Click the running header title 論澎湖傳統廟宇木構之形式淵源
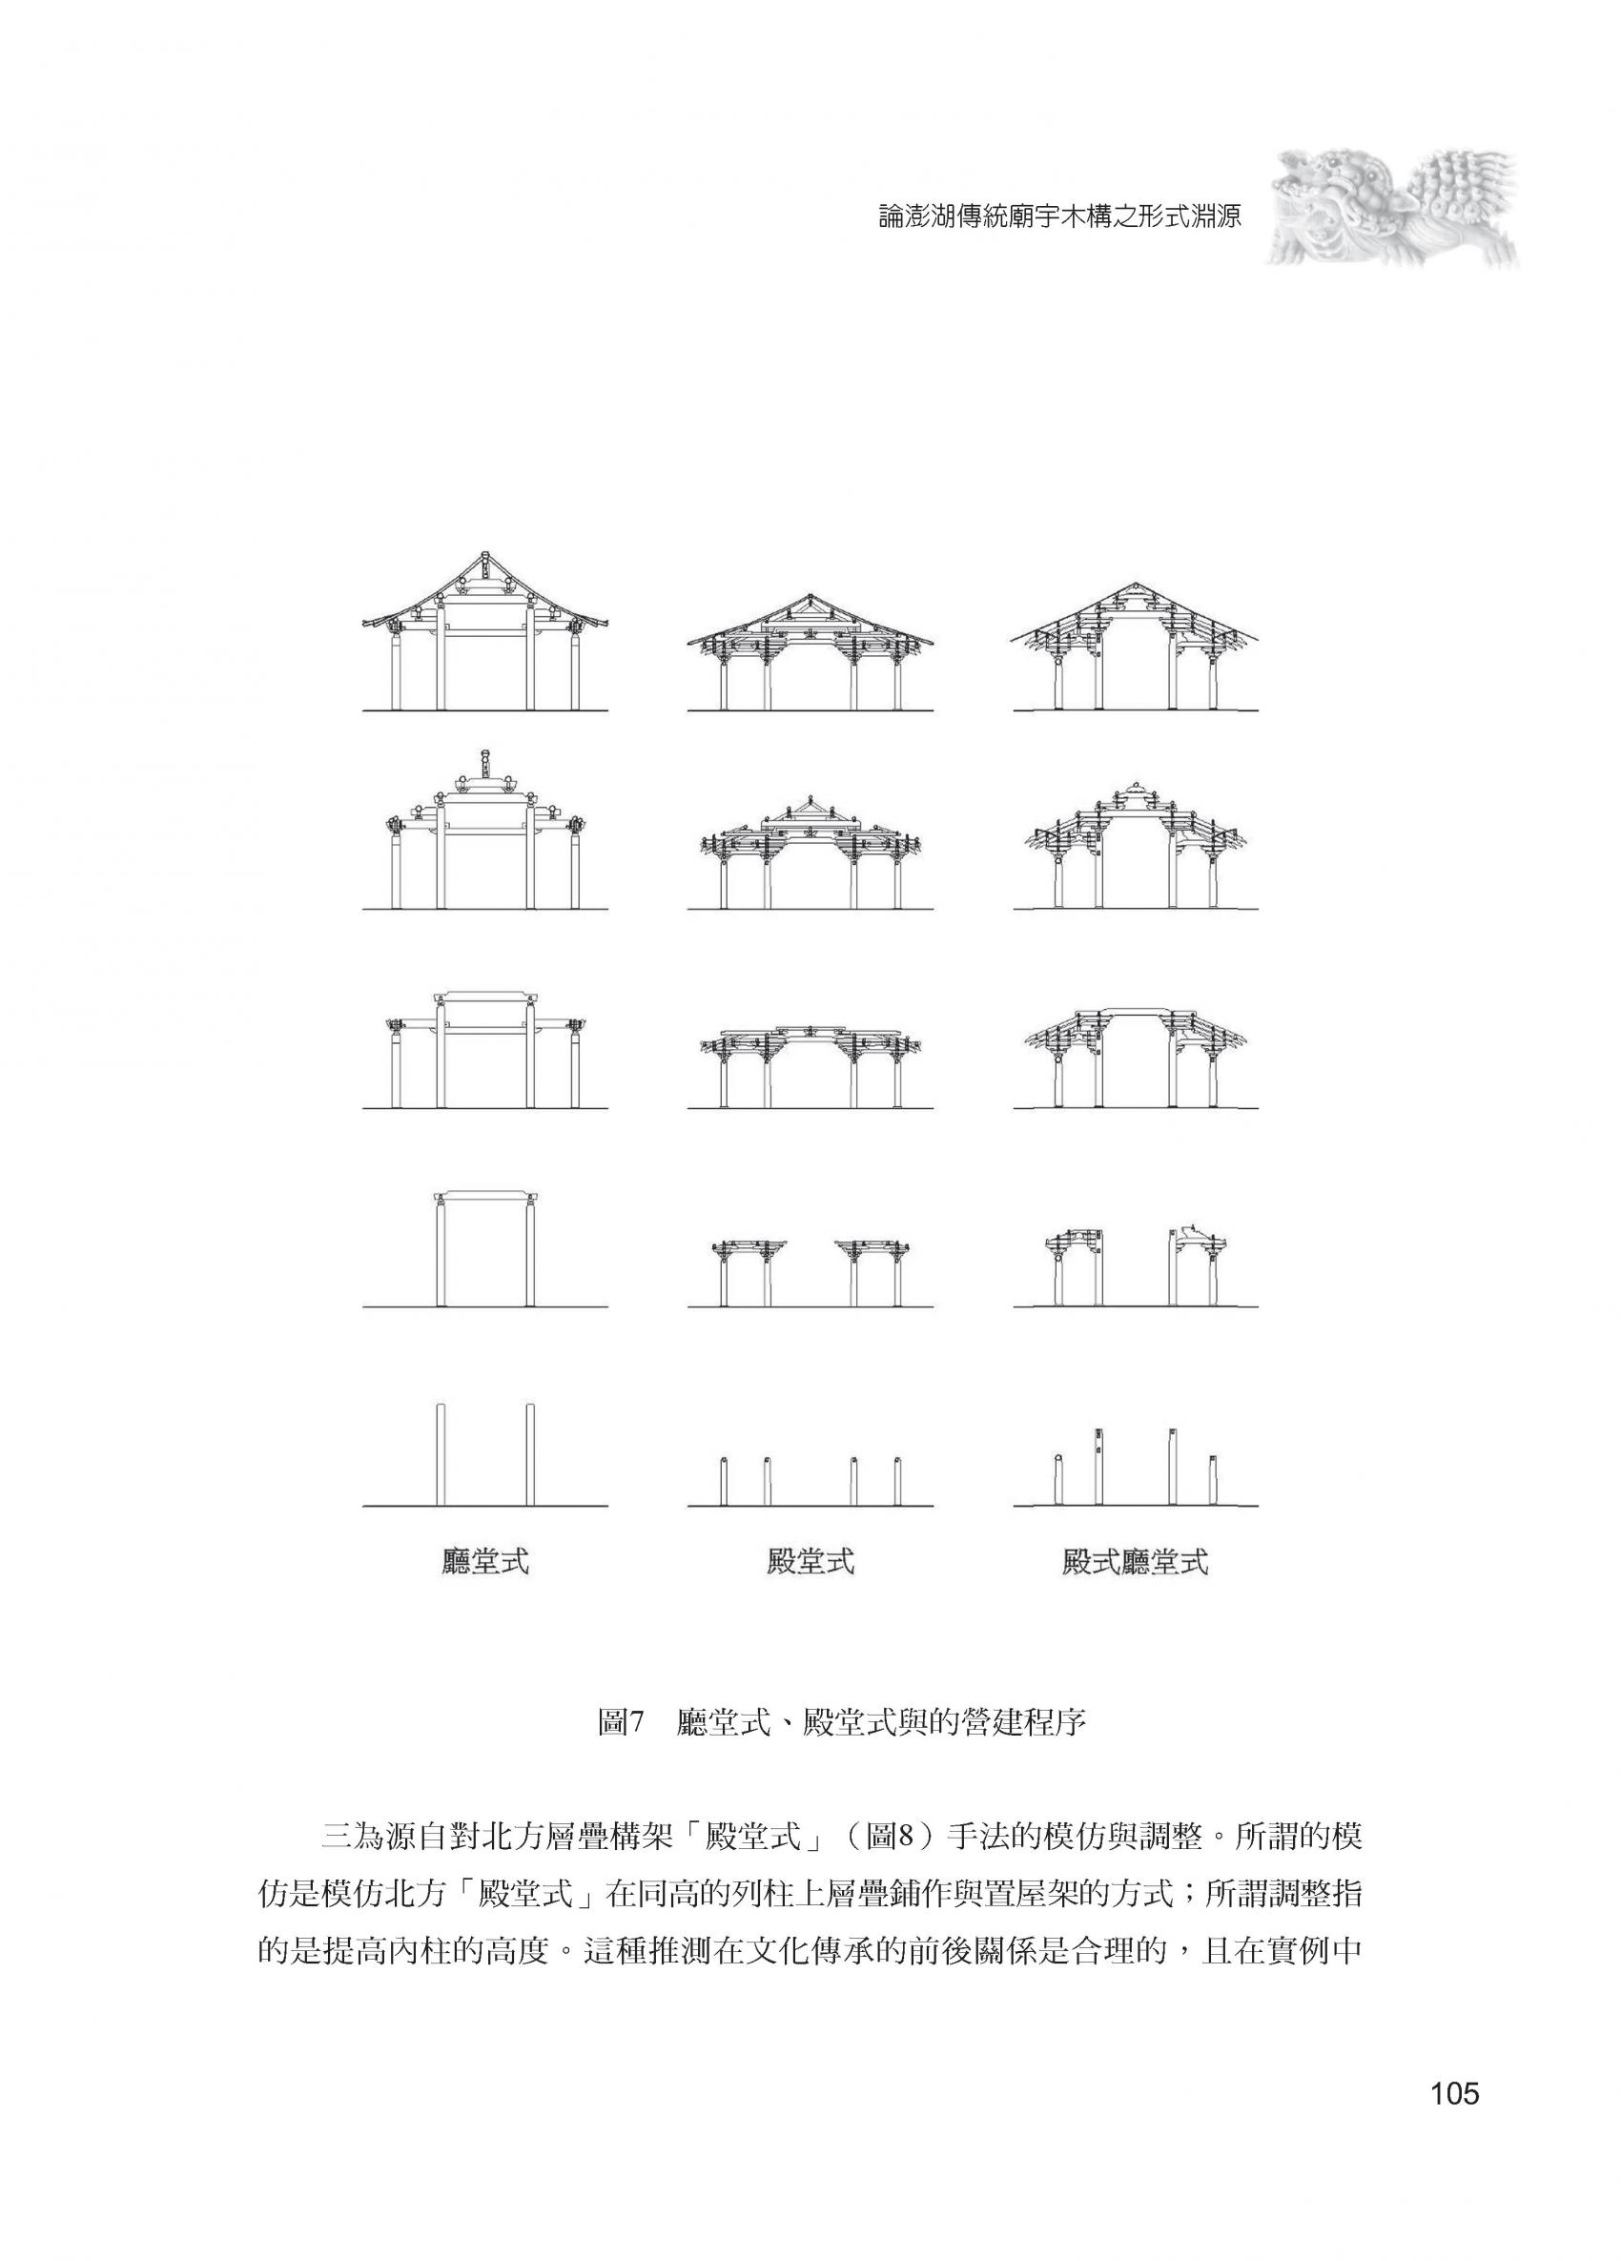[1059, 217]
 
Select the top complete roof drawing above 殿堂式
[810, 652]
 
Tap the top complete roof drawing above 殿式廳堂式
[1136, 646]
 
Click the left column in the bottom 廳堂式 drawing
[441, 1454]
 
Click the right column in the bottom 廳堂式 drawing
[530, 1454]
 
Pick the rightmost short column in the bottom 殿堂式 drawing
[897, 1480]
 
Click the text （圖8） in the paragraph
[878, 1836]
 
